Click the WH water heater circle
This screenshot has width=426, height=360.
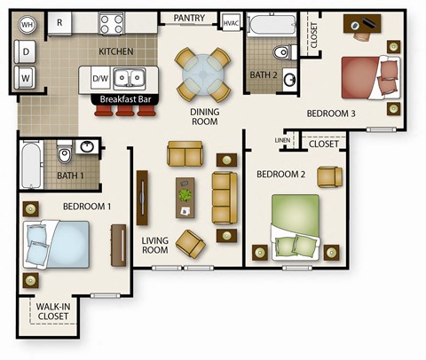click(28, 24)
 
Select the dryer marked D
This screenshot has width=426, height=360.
click(28, 52)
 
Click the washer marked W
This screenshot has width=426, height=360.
click(28, 78)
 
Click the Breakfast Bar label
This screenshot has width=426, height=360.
click(124, 99)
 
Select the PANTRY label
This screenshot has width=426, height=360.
click(190, 17)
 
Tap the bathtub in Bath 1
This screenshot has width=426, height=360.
click(30, 165)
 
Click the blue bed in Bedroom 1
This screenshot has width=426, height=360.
click(56, 245)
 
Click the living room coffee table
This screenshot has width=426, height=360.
click(185, 192)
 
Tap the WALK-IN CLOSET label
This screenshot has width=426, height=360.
click(54, 312)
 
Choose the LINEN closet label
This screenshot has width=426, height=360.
click(283, 140)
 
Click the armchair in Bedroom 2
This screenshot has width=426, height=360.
click(329, 176)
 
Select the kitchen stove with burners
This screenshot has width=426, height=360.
click(112, 22)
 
